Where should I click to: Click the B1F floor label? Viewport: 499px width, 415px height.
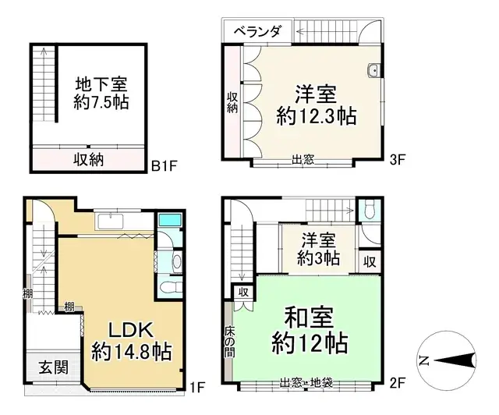(165, 165)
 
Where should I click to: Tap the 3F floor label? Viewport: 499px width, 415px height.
(398, 161)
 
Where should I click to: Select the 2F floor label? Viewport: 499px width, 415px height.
(398, 382)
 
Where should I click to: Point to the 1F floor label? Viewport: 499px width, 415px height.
(196, 386)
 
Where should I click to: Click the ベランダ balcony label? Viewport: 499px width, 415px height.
(257, 31)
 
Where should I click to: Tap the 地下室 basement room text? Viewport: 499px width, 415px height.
(101, 83)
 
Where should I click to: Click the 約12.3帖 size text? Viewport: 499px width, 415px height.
(317, 117)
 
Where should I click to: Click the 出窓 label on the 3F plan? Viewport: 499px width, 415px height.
(303, 160)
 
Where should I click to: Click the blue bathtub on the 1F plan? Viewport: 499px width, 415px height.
(168, 220)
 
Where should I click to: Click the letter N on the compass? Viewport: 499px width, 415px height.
(423, 360)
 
